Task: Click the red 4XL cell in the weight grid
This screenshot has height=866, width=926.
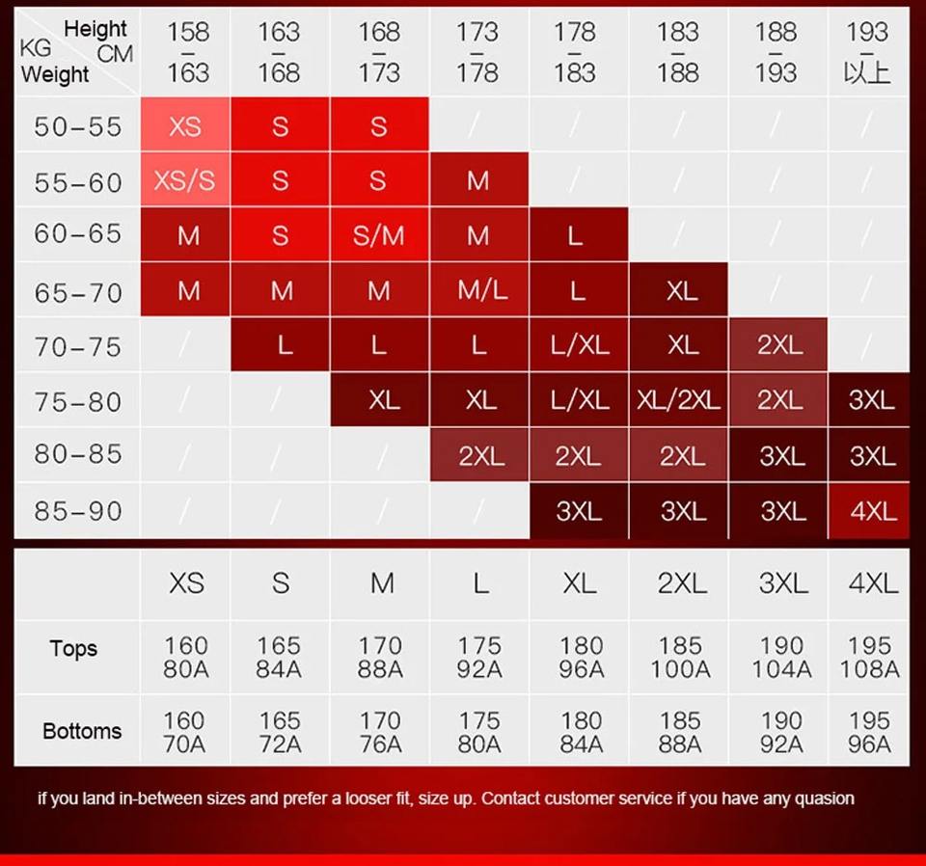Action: [873, 510]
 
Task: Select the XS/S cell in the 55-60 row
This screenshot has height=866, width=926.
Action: [184, 180]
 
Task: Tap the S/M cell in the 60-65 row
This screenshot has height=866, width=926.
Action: [379, 235]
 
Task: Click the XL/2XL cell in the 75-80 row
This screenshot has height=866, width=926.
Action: [678, 400]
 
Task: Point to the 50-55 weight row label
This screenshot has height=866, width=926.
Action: [78, 126]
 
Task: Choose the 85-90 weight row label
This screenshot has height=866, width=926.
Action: [78, 510]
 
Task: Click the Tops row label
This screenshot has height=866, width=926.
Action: [74, 648]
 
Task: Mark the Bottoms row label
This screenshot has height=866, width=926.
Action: [82, 731]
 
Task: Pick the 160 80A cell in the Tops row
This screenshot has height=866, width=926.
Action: [185, 657]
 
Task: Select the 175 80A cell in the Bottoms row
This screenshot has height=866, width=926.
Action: [479, 732]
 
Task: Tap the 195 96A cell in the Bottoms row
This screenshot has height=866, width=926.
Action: [869, 732]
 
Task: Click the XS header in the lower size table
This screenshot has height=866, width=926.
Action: [186, 582]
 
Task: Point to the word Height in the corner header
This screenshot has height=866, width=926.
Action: [95, 29]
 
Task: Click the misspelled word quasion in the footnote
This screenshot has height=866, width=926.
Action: [823, 798]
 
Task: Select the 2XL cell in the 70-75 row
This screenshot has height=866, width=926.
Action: [779, 345]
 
